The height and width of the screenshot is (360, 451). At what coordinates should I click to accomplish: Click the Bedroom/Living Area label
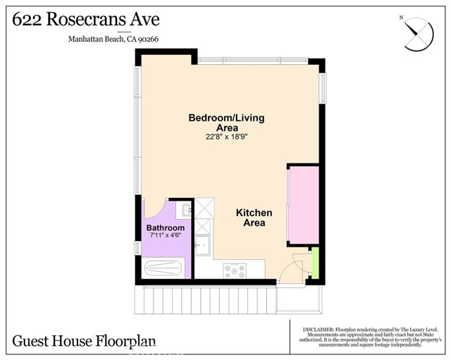coord(226,122)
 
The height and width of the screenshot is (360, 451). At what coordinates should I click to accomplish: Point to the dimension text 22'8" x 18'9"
coord(226,137)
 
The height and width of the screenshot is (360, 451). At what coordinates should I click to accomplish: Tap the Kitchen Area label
coord(254,217)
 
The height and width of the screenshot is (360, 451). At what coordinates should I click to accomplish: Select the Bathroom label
coord(165,228)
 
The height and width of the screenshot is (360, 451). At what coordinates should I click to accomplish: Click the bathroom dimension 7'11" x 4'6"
coord(166,237)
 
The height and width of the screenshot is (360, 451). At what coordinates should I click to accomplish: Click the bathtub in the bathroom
coord(165,268)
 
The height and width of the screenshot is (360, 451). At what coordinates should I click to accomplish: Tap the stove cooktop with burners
coord(233,268)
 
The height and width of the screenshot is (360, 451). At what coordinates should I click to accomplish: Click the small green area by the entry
coord(315,261)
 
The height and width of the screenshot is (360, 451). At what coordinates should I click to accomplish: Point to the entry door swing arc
coord(290,268)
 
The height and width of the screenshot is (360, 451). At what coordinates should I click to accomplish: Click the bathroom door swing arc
coord(155,209)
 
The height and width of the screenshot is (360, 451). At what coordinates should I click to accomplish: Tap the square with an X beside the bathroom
coord(204,209)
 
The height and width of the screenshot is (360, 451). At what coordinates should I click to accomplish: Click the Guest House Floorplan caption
coord(84,342)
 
